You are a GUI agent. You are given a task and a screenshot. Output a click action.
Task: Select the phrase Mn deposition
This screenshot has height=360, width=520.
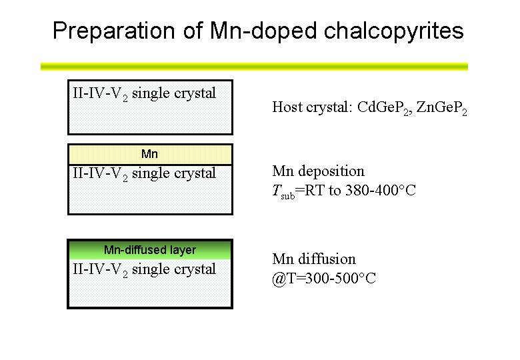coord(318,171)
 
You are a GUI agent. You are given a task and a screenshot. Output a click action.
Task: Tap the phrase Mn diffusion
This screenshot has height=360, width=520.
coord(314,259)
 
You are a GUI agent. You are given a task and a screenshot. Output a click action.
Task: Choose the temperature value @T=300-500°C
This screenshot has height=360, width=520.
coord(324,278)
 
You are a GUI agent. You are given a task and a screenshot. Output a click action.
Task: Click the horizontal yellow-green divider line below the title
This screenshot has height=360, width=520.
coord(254,67)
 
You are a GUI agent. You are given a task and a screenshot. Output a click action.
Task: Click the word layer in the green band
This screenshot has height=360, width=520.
coord(183,250)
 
